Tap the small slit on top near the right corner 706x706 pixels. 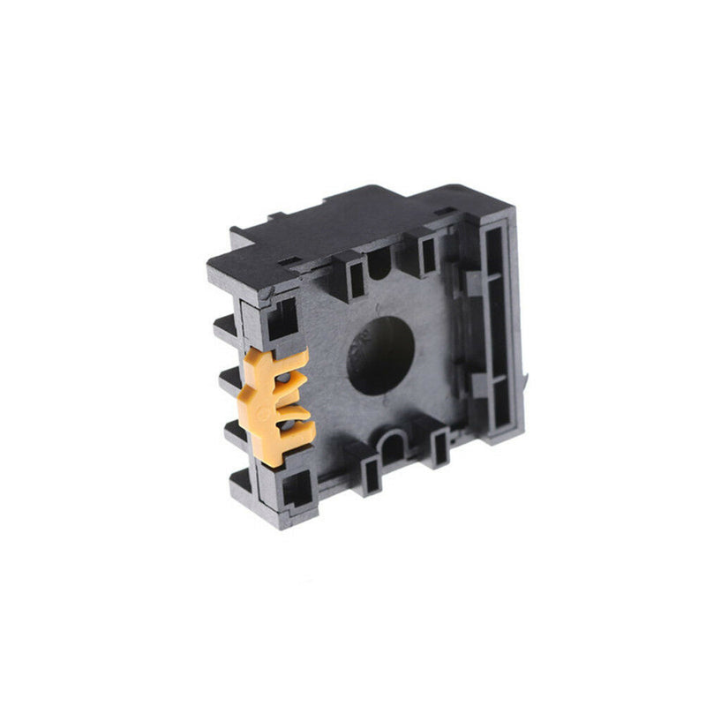click(x=447, y=212)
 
